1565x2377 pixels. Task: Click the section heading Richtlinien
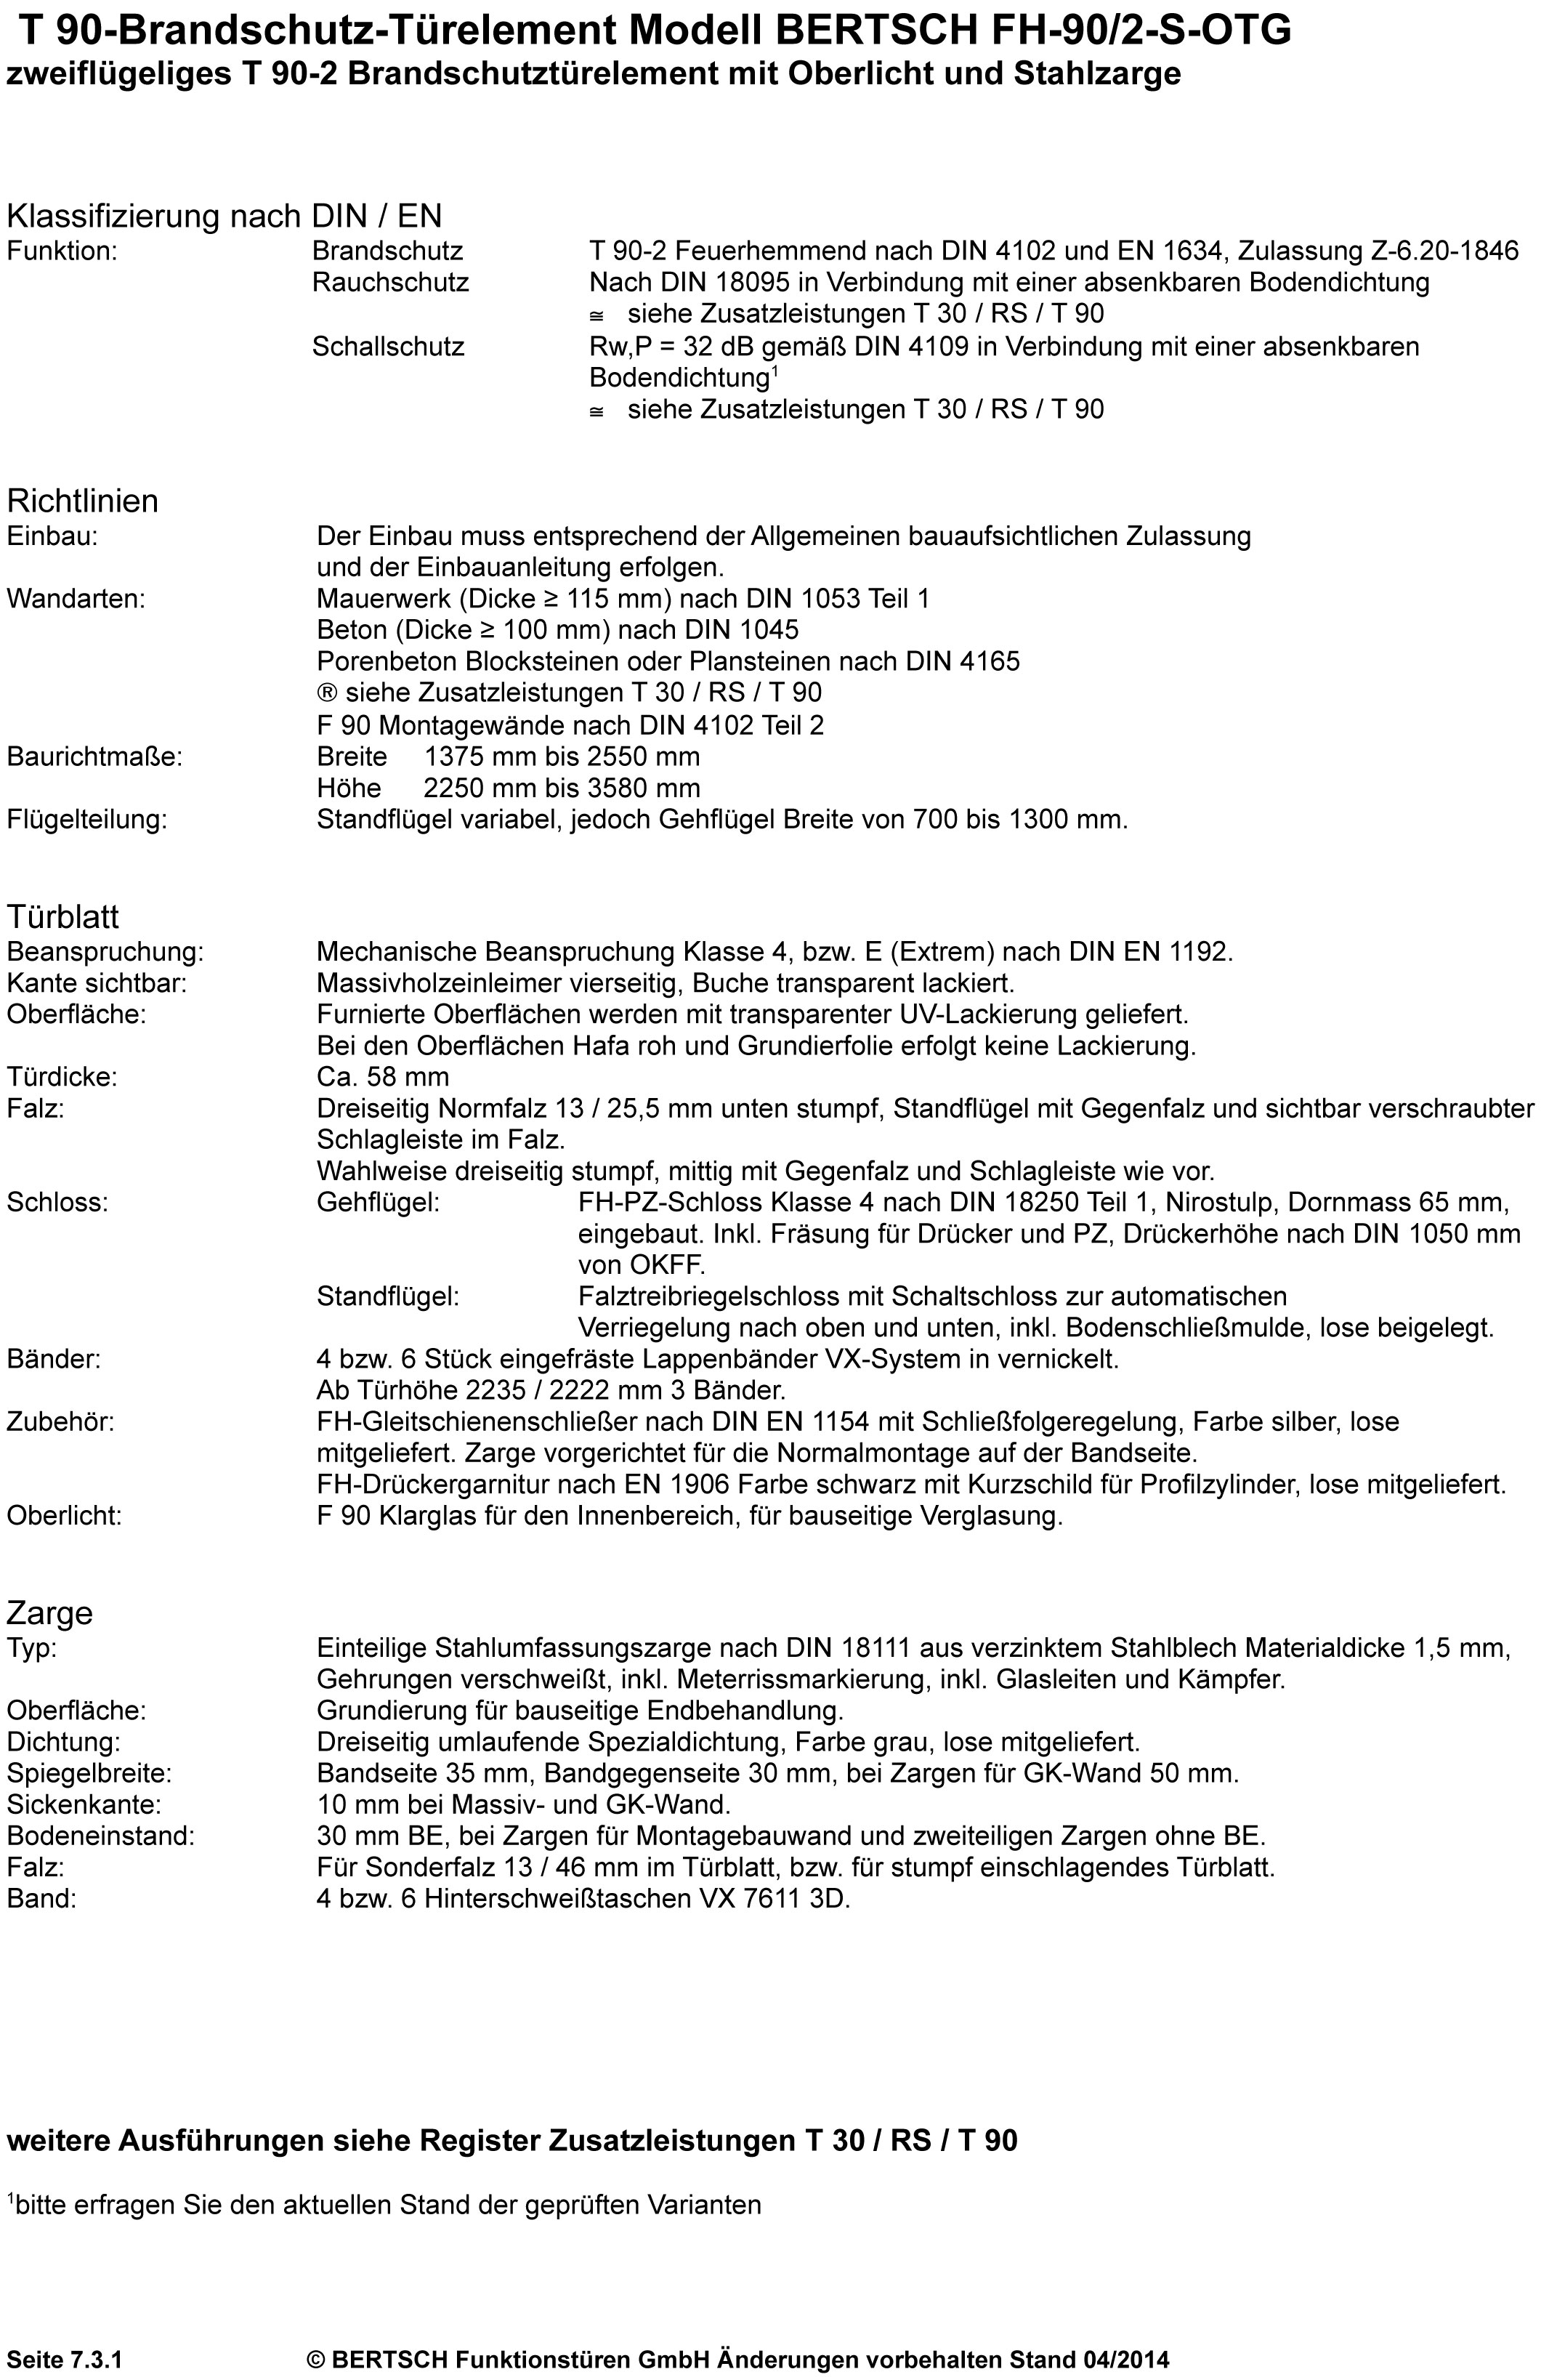coord(82,501)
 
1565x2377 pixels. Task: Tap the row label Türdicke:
coord(61,1077)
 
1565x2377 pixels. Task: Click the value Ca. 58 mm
coord(382,1077)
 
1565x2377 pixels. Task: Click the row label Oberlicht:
coord(64,1516)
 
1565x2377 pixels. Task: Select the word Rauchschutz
coord(389,283)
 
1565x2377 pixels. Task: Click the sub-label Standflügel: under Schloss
coord(387,1296)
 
